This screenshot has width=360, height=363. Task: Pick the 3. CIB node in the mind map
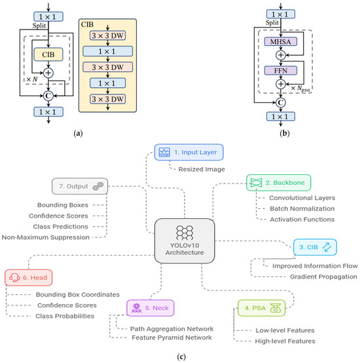(316, 248)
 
